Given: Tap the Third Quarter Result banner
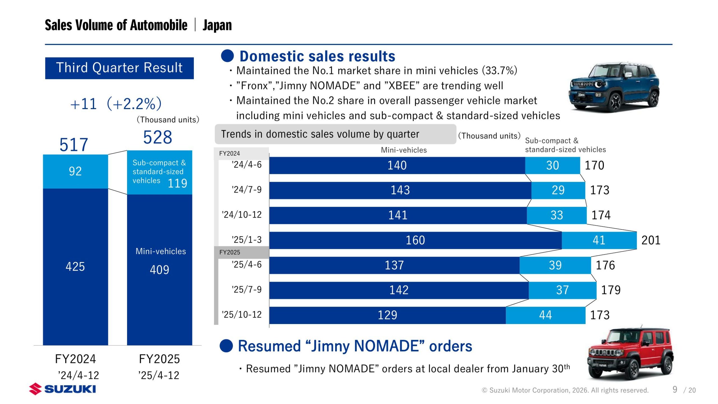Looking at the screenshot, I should pyautogui.click(x=119, y=68).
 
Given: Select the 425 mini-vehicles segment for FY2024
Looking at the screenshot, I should pyautogui.click(x=75, y=266).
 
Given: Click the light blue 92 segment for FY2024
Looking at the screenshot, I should pyautogui.click(x=75, y=171).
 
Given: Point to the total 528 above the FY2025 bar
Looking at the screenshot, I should pyautogui.click(x=158, y=137).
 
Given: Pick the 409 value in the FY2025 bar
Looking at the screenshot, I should pyautogui.click(x=159, y=270).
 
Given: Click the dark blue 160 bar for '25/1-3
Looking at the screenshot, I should pyautogui.click(x=415, y=240).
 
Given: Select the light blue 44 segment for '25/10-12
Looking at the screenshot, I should pyautogui.click(x=545, y=315).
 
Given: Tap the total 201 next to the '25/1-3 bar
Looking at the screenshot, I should pyautogui.click(x=651, y=240).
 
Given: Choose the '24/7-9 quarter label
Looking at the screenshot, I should pyautogui.click(x=247, y=190).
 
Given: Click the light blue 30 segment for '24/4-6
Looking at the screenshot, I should pyautogui.click(x=552, y=165).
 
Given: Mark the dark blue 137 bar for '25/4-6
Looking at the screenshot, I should pyautogui.click(x=394, y=265).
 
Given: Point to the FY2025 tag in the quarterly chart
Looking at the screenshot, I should pyautogui.click(x=230, y=252).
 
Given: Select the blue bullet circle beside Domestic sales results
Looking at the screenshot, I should pyautogui.click(x=227, y=56).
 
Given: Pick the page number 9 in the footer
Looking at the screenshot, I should pyautogui.click(x=675, y=389).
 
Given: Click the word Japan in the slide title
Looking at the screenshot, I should pyautogui.click(x=217, y=25).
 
